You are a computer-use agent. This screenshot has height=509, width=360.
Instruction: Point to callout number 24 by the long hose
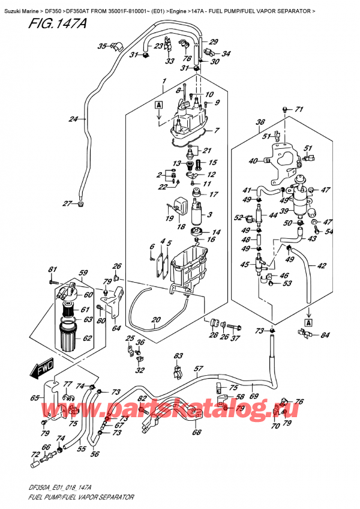click(73, 119)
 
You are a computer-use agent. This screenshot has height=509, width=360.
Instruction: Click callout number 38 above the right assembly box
click(260, 122)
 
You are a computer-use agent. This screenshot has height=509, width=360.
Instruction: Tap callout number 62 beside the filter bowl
click(88, 339)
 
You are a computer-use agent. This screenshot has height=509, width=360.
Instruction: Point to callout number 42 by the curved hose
click(322, 266)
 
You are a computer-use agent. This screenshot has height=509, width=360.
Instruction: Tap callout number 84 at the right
click(325, 335)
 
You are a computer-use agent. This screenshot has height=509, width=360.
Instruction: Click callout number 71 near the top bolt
click(299, 109)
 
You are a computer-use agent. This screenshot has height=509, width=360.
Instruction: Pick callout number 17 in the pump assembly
click(212, 194)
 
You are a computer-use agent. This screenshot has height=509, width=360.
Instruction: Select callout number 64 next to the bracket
click(116, 328)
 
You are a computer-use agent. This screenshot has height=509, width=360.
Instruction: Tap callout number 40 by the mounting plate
click(252, 160)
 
